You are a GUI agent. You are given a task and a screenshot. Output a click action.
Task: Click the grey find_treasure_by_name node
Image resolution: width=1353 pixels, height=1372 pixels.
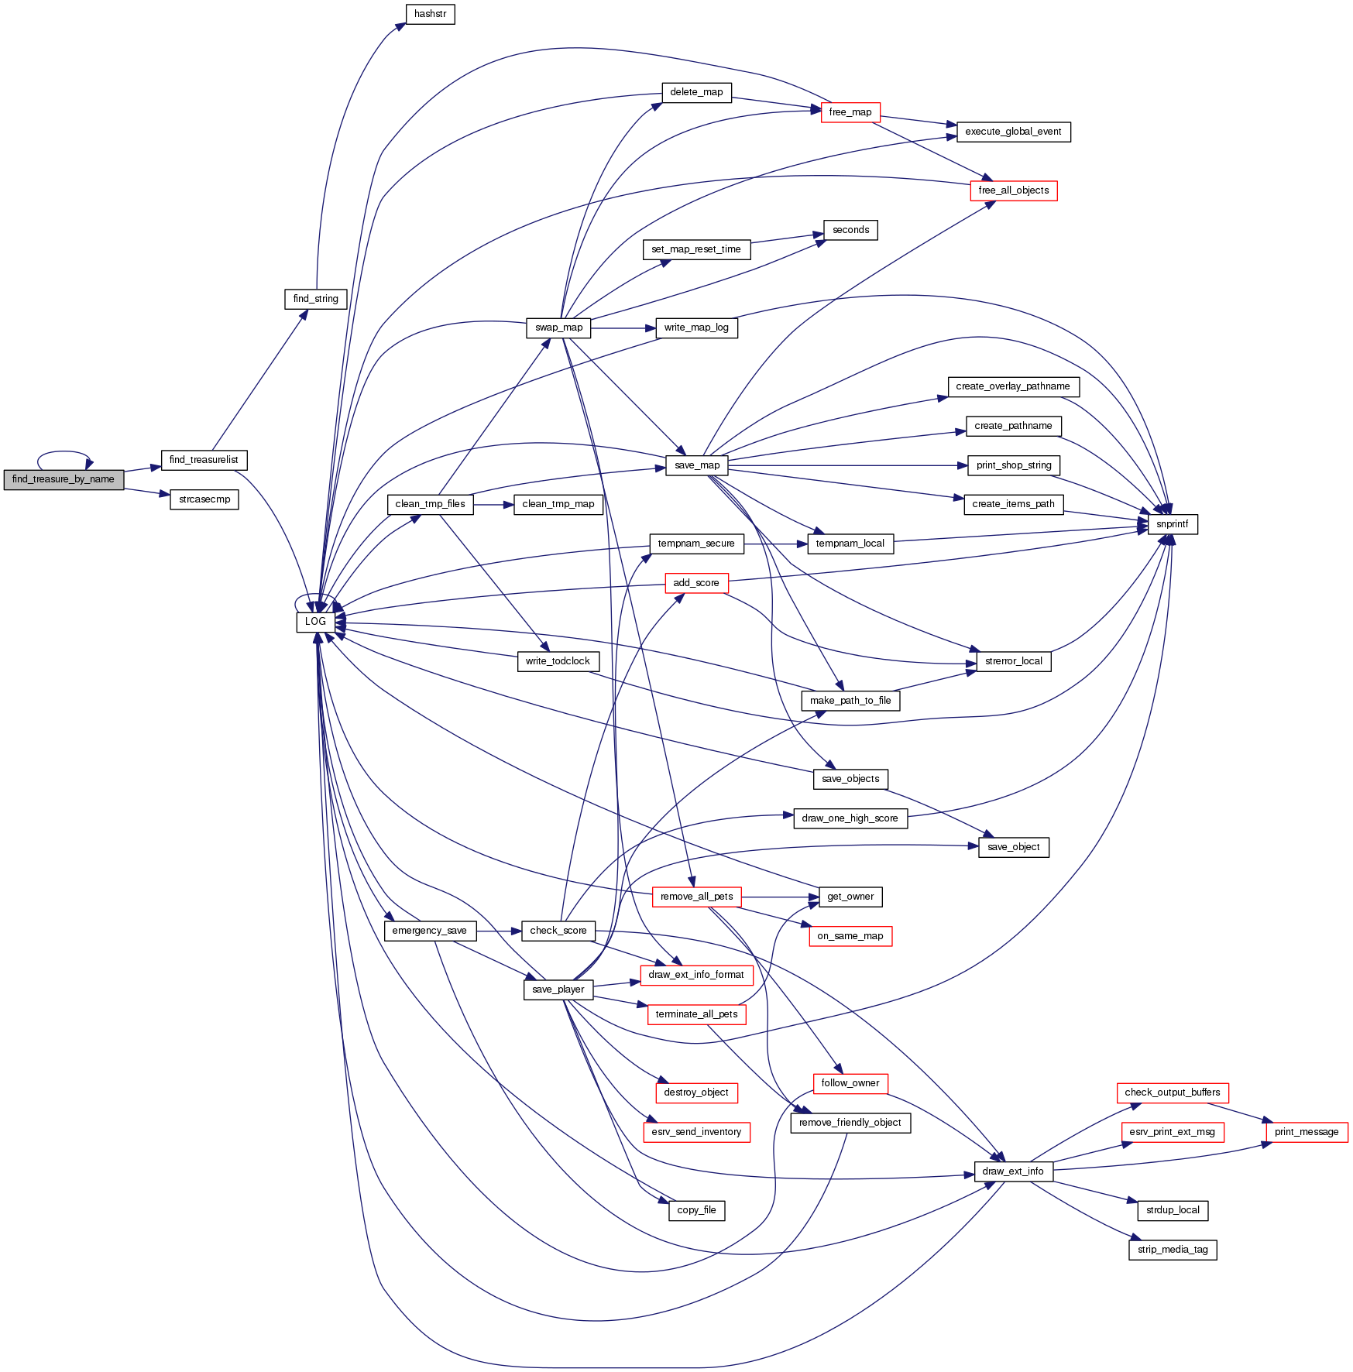[x=64, y=479]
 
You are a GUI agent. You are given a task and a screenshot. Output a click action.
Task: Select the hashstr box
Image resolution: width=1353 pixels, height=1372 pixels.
[x=430, y=14]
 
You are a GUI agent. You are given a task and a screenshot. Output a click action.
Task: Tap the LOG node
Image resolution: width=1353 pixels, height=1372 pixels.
[x=315, y=622]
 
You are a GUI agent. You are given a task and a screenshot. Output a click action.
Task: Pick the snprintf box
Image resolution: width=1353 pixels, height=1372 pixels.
[x=1172, y=524]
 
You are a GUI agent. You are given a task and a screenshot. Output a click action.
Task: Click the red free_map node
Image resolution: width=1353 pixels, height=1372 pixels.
[x=850, y=112]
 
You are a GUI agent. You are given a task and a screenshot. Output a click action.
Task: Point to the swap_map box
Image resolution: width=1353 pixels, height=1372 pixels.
[x=558, y=328]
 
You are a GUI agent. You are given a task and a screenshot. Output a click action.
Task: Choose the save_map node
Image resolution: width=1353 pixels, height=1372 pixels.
[x=697, y=465]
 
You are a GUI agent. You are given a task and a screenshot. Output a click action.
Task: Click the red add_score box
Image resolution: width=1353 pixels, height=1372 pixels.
[x=695, y=583]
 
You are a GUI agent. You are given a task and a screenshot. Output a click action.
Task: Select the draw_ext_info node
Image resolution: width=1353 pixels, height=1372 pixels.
[x=1012, y=1171]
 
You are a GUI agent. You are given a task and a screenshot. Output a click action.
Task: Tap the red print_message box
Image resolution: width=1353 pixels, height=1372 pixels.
[x=1307, y=1132]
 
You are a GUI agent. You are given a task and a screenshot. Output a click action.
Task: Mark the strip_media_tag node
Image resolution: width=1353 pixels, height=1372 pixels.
[x=1173, y=1250]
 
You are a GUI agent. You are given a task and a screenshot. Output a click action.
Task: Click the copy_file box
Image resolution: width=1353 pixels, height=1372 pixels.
[x=696, y=1210]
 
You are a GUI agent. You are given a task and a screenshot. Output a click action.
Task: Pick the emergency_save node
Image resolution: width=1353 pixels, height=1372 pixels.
[x=429, y=931]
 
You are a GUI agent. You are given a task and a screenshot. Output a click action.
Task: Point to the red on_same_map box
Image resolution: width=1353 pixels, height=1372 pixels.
[x=850, y=936]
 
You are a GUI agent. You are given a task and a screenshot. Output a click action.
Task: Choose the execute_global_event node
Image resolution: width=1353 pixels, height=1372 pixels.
[x=1013, y=132]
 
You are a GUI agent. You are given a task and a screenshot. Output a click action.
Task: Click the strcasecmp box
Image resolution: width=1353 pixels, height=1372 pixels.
[x=204, y=499]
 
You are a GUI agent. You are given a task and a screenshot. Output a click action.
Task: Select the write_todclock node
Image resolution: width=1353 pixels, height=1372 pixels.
[x=558, y=661]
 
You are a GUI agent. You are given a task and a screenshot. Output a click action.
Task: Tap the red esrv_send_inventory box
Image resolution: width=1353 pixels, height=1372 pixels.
[x=696, y=1132]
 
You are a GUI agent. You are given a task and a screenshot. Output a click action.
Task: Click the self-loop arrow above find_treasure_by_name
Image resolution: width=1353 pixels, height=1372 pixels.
[x=64, y=452]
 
